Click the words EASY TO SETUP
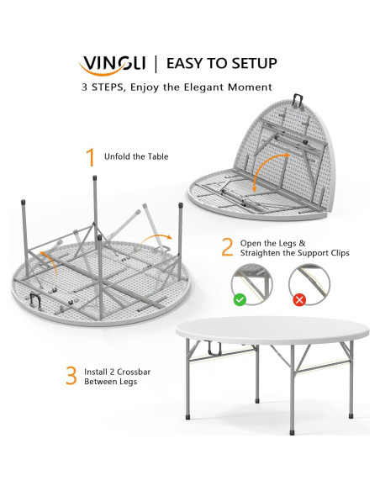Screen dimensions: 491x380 [x=222, y=64]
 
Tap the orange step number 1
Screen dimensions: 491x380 [x=91, y=158]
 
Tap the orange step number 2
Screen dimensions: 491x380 [x=226, y=247]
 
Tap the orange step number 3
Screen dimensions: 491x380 [x=71, y=375]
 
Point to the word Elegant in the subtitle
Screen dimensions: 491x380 [x=203, y=87]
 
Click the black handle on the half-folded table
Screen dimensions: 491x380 [x=297, y=100]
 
